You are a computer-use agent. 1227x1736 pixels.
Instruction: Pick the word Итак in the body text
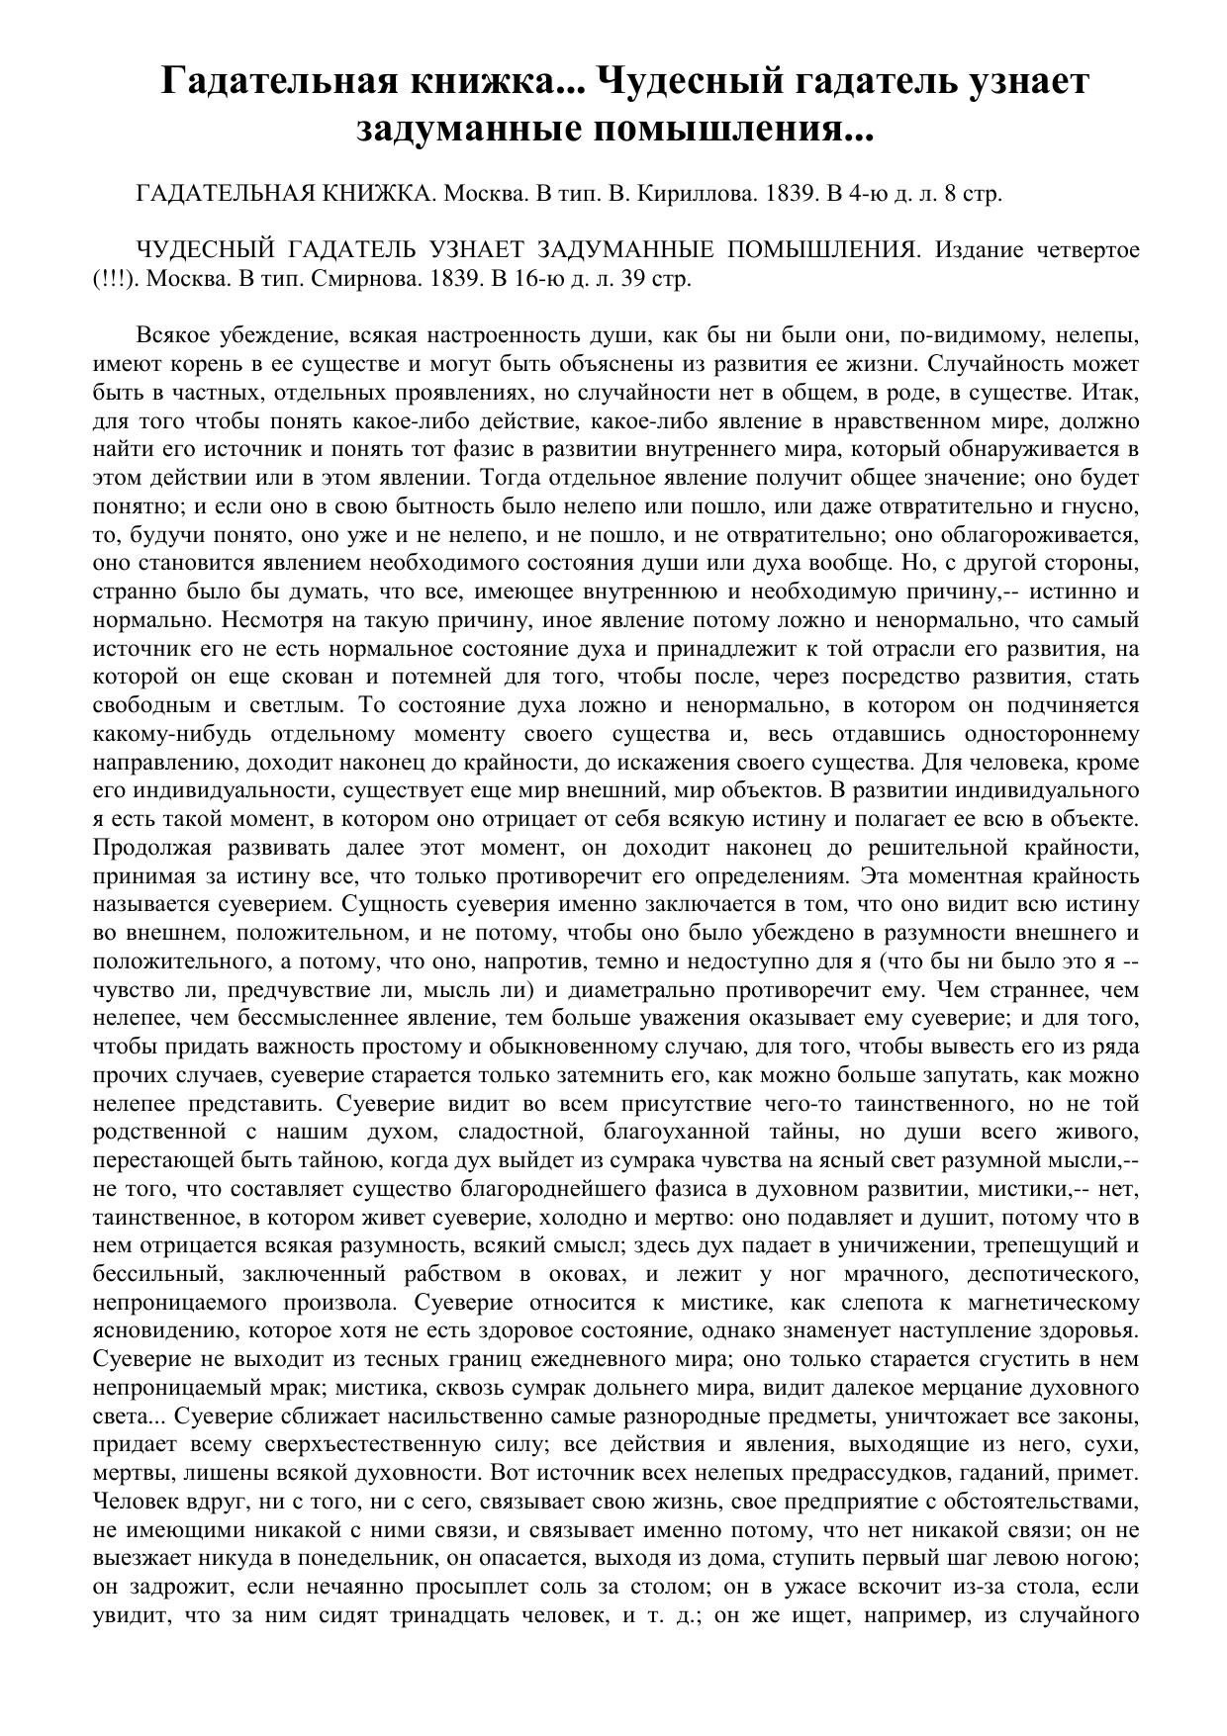click(x=1112, y=392)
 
